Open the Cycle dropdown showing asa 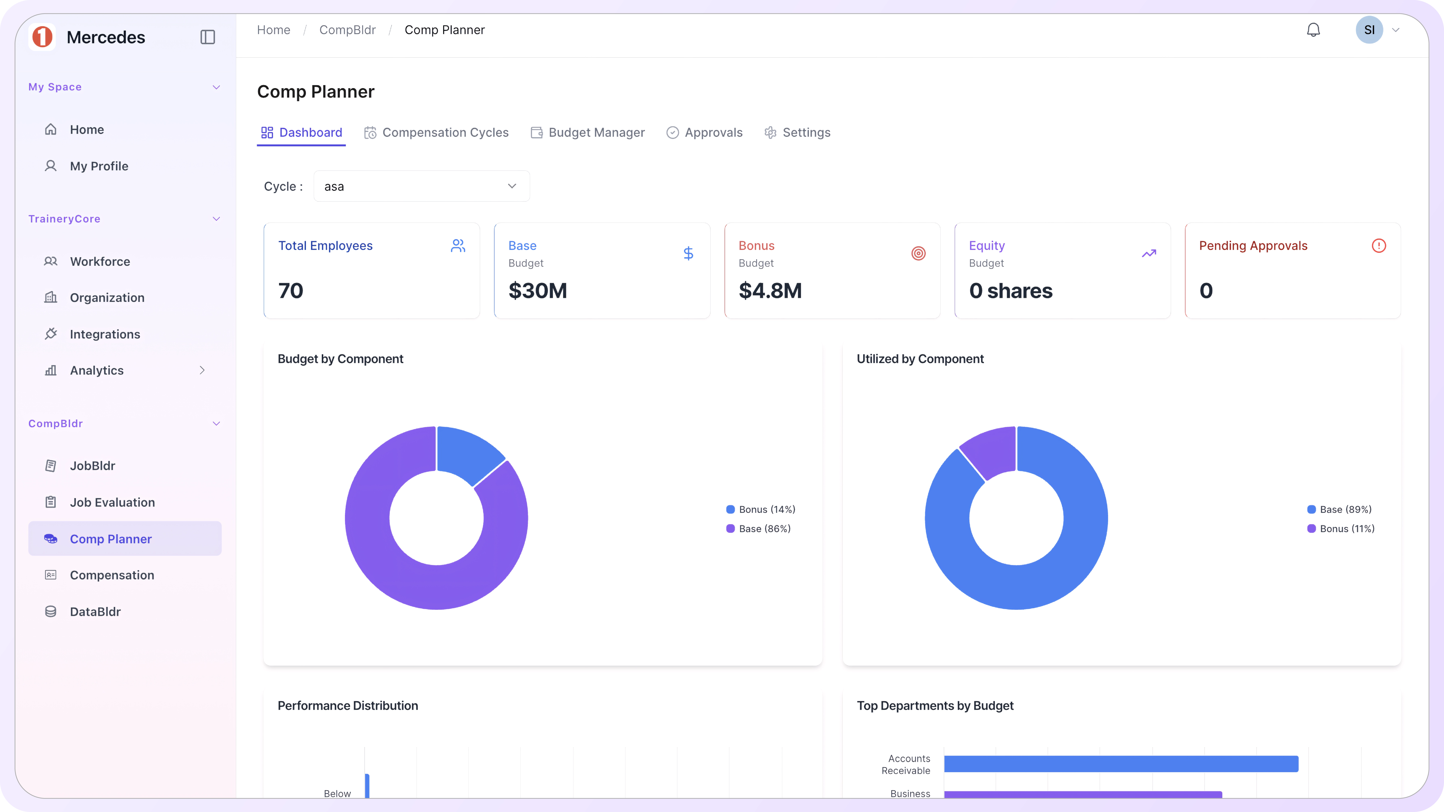point(421,186)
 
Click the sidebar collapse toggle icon point(207,37)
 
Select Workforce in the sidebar point(100,262)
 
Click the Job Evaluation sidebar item point(112,503)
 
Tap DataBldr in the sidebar point(95,612)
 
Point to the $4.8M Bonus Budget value point(770,291)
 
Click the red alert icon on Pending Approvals point(1378,246)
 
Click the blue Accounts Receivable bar point(1121,764)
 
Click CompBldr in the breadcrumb point(347,30)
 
